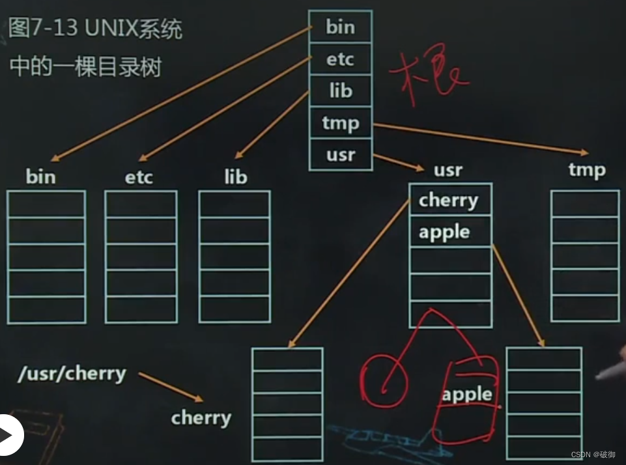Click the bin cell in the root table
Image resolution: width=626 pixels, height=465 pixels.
tap(340, 27)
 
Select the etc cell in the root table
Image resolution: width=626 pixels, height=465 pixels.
tap(340, 60)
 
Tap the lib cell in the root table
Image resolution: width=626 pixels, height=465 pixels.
tap(340, 91)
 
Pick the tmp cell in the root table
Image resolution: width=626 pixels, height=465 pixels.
tap(340, 123)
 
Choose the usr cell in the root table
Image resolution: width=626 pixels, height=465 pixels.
tap(340, 155)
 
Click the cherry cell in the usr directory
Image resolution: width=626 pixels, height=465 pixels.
tap(449, 200)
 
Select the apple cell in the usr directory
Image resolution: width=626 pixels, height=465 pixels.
tap(445, 232)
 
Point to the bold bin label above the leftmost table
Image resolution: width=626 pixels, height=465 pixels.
tap(40, 176)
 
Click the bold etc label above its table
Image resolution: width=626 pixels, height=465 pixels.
tap(139, 176)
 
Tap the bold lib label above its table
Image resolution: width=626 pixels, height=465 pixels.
tap(235, 176)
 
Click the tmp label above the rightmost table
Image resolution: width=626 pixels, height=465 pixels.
tap(587, 170)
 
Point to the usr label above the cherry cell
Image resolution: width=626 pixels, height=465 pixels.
tap(448, 170)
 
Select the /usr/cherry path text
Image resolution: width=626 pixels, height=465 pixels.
tap(72, 374)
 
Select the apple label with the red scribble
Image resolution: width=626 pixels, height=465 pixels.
tap(467, 394)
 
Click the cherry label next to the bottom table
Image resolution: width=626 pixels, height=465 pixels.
tap(201, 417)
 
